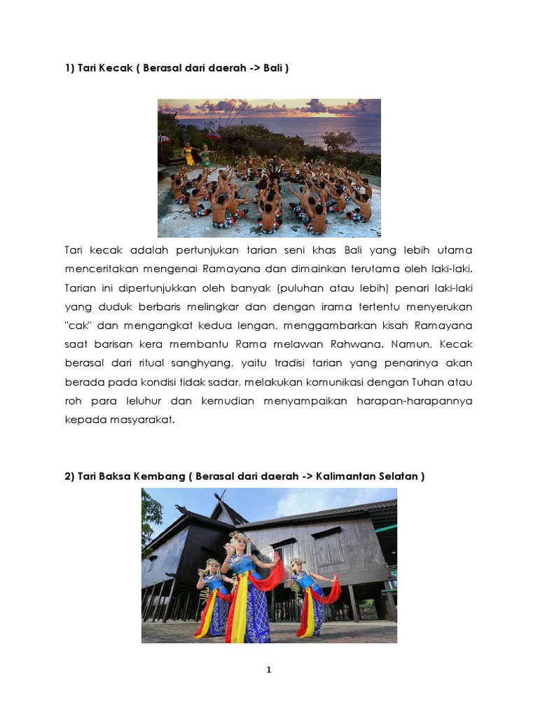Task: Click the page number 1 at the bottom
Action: pos(269,670)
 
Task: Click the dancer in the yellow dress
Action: pos(188,154)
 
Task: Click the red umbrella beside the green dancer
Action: pos(214,137)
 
